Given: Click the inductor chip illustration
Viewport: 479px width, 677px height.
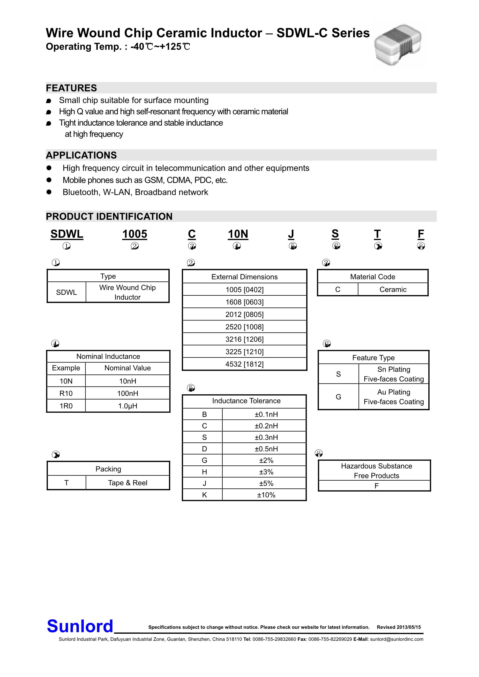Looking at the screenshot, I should click(x=398, y=44).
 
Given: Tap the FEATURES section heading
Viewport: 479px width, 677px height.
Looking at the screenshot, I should click(x=71, y=88).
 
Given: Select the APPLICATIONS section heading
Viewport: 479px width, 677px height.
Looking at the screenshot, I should click(x=81, y=155).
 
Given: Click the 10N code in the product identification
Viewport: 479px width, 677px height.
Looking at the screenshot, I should click(x=238, y=234).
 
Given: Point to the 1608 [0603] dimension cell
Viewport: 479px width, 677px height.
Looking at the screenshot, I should click(x=244, y=302).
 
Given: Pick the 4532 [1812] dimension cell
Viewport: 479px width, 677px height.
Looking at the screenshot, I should click(x=244, y=364).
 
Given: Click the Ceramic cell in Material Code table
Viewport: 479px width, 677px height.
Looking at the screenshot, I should click(x=393, y=290).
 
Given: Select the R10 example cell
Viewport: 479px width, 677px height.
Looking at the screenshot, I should click(x=66, y=393).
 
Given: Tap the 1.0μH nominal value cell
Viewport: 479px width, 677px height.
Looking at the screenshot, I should click(x=128, y=406).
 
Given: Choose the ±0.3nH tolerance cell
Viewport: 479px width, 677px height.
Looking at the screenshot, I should click(x=266, y=437).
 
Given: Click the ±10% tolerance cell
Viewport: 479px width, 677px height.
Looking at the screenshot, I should click(x=266, y=495).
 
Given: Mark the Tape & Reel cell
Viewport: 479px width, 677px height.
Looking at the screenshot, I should click(x=128, y=483).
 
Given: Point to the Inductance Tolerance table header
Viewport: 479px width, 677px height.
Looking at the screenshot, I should click(x=246, y=401).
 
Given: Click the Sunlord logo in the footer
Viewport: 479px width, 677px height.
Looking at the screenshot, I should click(x=80, y=626).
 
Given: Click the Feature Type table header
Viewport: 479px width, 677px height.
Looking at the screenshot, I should click(x=373, y=358).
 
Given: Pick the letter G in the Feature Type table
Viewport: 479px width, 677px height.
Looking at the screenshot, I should click(x=339, y=397).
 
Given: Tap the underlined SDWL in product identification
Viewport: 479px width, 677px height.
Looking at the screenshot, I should click(x=67, y=234).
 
